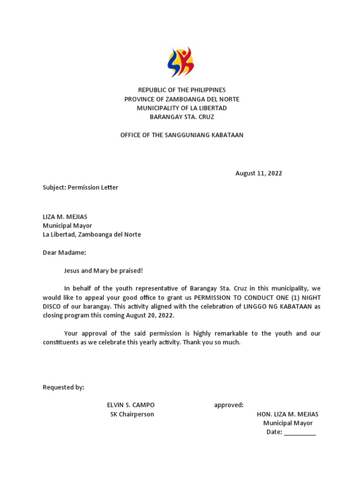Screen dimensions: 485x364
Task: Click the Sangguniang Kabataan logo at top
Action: click(x=181, y=62)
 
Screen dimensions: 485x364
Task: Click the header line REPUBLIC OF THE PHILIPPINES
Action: click(x=182, y=90)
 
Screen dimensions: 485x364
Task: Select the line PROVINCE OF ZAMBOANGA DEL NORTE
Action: click(x=182, y=99)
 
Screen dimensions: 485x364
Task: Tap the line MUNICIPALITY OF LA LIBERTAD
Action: click(x=182, y=108)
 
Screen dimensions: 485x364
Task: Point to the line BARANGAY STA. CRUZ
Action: click(x=182, y=117)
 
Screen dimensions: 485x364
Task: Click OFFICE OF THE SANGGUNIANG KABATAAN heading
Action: click(x=182, y=135)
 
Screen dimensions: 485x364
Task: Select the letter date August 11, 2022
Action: click(x=258, y=173)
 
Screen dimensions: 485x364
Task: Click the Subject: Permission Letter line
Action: click(x=80, y=188)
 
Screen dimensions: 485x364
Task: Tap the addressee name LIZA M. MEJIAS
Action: click(x=65, y=217)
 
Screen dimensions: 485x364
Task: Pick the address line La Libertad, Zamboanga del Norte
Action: click(x=91, y=234)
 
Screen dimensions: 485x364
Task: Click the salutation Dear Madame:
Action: click(x=64, y=253)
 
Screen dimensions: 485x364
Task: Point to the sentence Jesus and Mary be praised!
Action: click(x=103, y=271)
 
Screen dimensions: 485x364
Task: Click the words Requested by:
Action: click(x=64, y=387)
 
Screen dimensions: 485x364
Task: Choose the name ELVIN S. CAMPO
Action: click(x=131, y=405)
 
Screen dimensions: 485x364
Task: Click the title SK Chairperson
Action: click(x=132, y=414)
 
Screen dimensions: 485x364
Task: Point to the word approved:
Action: click(x=229, y=405)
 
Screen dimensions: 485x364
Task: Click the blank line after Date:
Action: click(x=300, y=432)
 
